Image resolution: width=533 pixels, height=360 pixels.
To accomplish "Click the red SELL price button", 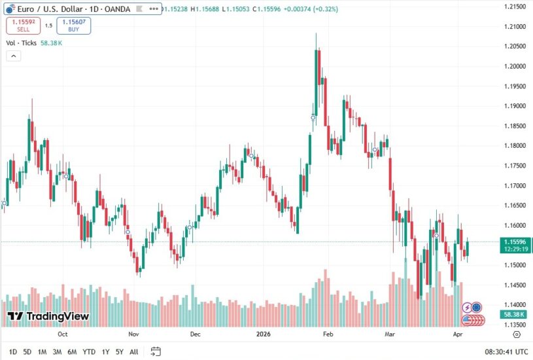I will coord(24,26).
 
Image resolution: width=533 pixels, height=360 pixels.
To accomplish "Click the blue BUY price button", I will coord(73,26).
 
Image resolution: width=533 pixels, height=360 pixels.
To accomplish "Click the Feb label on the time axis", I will coord(328,333).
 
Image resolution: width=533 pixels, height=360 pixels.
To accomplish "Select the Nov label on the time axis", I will coord(133,333).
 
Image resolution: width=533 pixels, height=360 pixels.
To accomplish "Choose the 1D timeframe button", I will coord(13,351).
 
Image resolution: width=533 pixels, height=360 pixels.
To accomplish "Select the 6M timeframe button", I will coord(72,351).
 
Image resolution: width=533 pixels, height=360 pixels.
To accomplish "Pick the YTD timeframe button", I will coord(89,351).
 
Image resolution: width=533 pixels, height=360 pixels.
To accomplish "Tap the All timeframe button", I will coord(133,351).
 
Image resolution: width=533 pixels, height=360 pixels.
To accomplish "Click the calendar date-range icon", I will coord(156,351).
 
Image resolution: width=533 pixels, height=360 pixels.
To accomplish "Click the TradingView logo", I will coord(48,317).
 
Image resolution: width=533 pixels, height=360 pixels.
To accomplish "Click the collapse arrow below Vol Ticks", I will coord(12,56).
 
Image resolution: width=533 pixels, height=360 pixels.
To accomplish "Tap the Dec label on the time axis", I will coord(195,333).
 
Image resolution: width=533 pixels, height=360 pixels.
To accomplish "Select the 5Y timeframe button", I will coord(119,351).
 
